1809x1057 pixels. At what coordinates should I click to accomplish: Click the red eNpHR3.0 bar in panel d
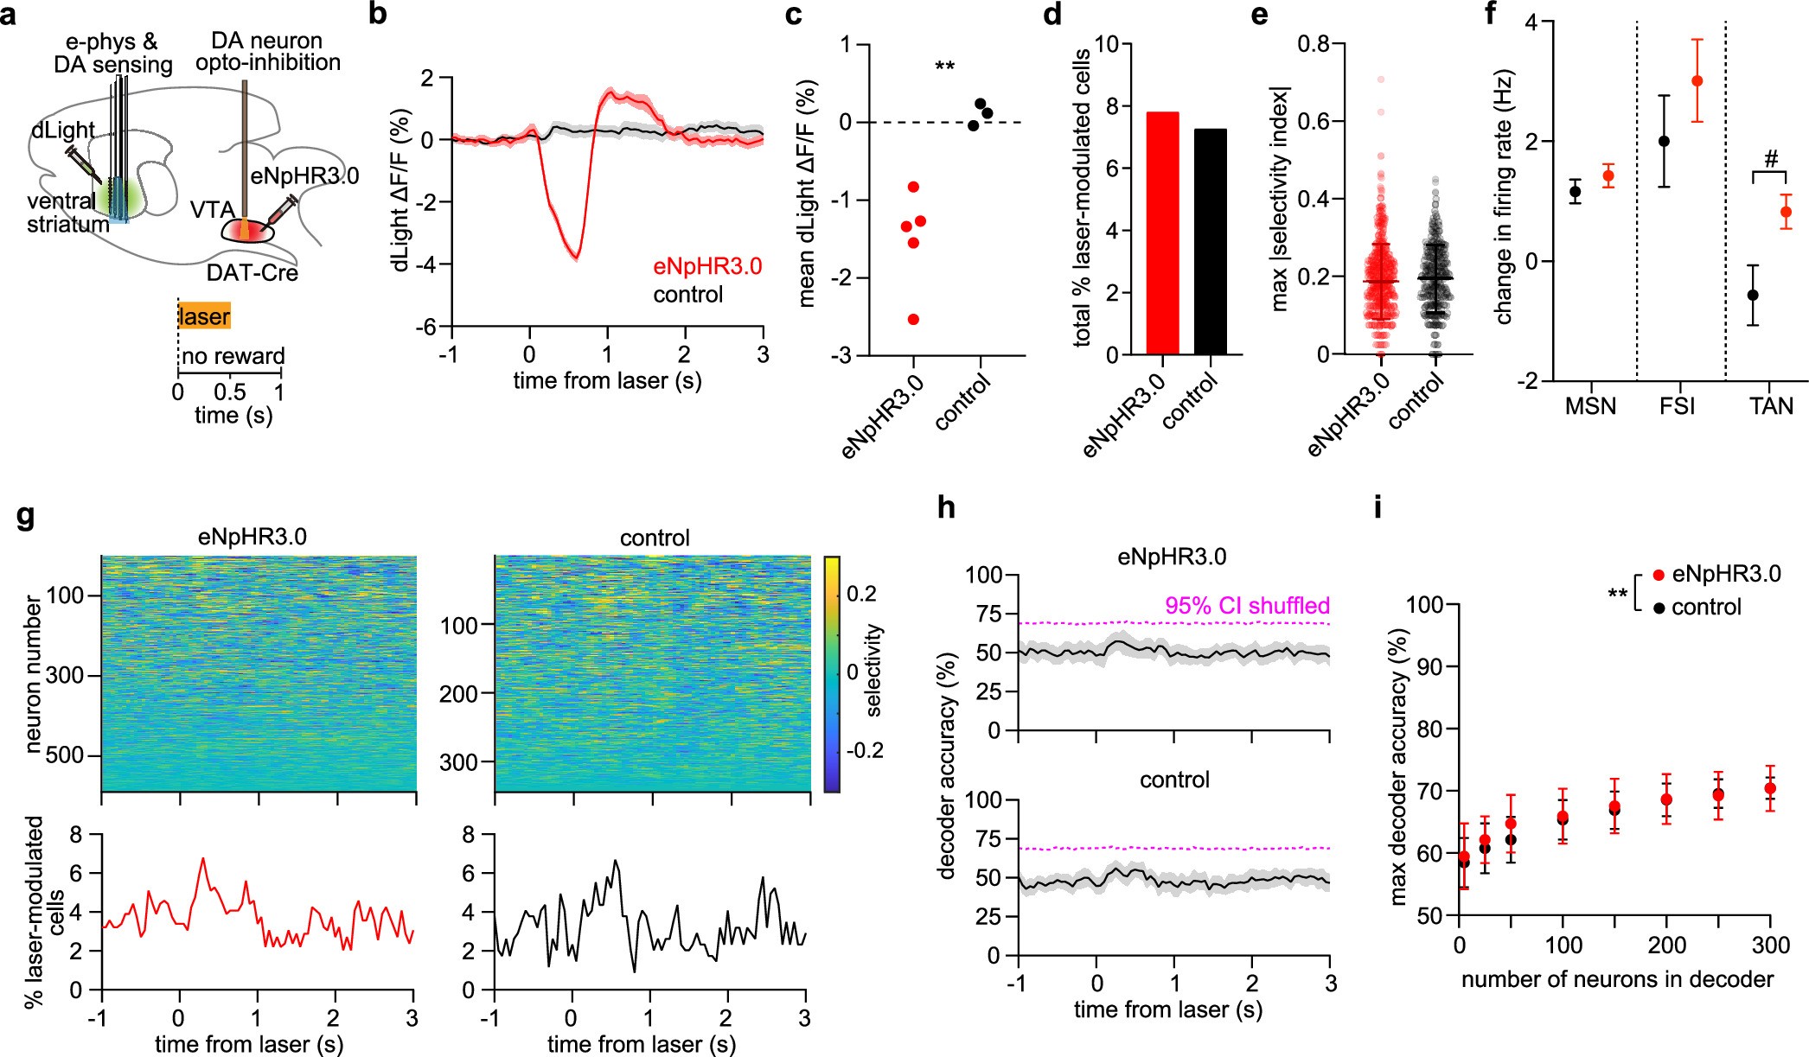tap(1162, 233)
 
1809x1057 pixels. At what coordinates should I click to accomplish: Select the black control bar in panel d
tap(1210, 242)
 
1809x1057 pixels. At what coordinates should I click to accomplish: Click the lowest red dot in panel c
tap(913, 320)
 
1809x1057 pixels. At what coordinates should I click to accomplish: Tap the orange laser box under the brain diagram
tap(204, 316)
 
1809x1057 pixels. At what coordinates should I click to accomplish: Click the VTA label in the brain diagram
tap(213, 210)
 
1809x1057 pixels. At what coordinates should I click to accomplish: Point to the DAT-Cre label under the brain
tap(252, 273)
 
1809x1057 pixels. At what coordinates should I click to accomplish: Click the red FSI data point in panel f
tap(1697, 81)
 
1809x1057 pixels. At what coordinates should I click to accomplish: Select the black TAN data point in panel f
tap(1753, 295)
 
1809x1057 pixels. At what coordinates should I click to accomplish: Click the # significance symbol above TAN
tap(1770, 160)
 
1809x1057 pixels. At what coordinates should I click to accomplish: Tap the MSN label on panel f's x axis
tap(1590, 406)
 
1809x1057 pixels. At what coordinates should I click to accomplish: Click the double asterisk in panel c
tap(944, 67)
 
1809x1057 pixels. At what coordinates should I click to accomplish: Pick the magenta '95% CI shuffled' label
tap(1246, 606)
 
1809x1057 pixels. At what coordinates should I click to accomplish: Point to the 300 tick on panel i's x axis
tap(1770, 946)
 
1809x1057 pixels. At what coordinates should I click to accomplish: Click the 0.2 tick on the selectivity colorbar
tap(860, 594)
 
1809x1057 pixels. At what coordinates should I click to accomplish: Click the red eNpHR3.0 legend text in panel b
tap(706, 266)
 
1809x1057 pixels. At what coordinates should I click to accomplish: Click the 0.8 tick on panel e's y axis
tap(1313, 43)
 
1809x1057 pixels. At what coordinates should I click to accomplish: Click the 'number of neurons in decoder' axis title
tap(1617, 979)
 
